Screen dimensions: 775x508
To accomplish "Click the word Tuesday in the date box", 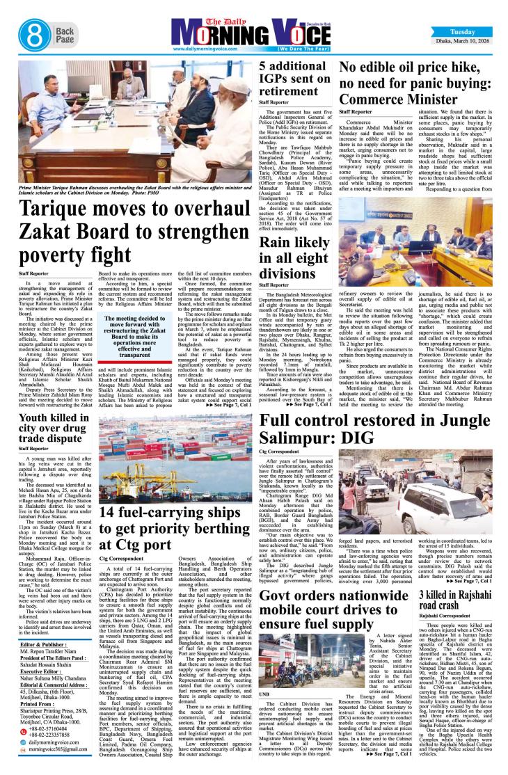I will point(463,31).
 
